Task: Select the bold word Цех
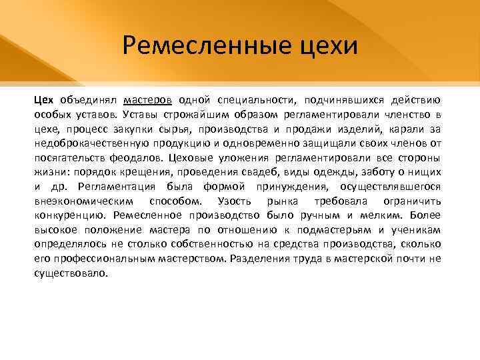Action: pyautogui.click(x=44, y=100)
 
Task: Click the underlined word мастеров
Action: pyautogui.click(x=148, y=100)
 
